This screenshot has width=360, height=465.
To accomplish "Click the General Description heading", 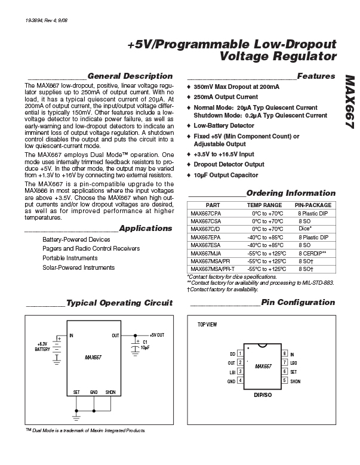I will click(130, 76).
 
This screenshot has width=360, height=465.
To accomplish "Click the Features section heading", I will click(316, 76).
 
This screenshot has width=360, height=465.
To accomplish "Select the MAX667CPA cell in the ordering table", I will click(205, 213).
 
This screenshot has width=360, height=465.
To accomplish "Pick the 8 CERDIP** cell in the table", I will click(313, 254).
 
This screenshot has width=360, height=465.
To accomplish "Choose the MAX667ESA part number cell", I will click(205, 245).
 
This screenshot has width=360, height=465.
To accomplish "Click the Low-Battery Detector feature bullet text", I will click(224, 126).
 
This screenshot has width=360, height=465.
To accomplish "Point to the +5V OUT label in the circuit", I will click(157, 335).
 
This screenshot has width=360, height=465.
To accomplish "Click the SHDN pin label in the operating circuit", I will click(110, 392).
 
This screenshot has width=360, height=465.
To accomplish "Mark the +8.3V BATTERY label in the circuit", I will click(42, 347).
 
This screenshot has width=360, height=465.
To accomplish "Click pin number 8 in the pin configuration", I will click(284, 354).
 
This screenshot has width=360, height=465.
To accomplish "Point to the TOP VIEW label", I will click(207, 325).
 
